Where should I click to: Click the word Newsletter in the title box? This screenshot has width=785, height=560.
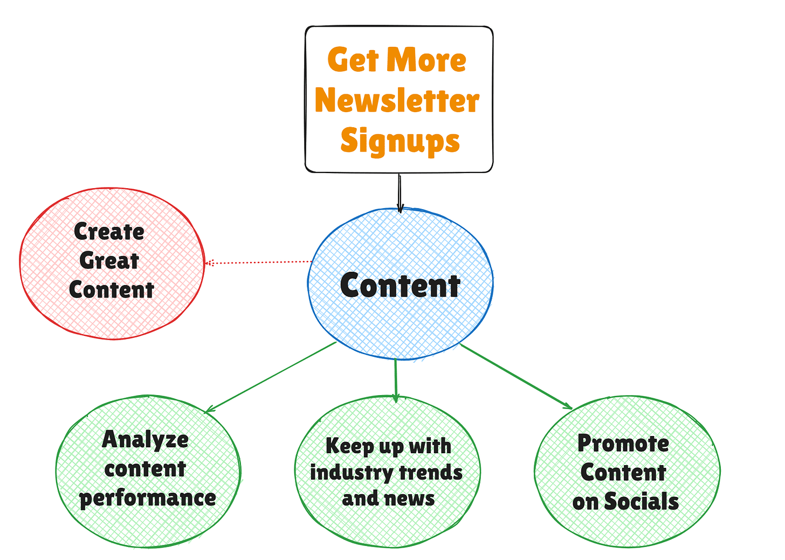pos(397,100)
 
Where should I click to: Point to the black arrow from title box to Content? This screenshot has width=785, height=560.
pos(400,192)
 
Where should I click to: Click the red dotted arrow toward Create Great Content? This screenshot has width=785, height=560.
pos(259,262)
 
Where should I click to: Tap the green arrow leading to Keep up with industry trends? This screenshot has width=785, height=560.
pos(396,379)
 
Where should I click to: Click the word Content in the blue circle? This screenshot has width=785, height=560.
pos(400,286)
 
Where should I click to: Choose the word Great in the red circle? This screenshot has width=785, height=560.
pos(109,261)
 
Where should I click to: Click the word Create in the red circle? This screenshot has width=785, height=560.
pos(109,232)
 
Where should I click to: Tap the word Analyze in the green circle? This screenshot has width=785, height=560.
pos(146,440)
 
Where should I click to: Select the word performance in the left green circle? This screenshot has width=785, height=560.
pos(148,498)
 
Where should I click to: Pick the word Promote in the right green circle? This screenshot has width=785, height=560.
pos(623,444)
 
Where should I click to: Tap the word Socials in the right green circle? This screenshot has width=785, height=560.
pos(641,501)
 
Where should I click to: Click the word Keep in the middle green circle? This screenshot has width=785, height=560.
pos(349,447)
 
